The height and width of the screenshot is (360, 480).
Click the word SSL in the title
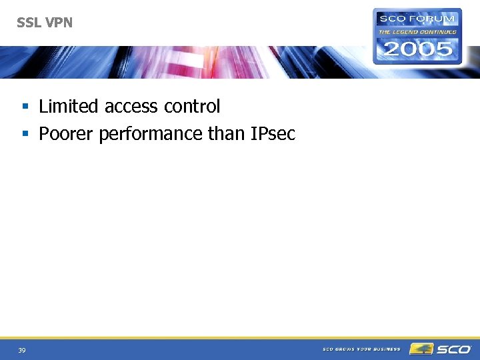tap(29, 23)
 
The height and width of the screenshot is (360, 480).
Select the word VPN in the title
tap(58, 23)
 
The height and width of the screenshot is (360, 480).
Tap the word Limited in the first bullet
tap(69, 106)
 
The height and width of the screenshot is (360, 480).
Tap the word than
tap(227, 134)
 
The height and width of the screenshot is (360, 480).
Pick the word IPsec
tap(273, 135)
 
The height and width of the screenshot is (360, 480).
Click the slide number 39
tap(22, 351)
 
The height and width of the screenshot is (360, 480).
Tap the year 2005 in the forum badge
tap(417, 48)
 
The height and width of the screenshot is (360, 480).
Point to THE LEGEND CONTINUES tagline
tap(417, 31)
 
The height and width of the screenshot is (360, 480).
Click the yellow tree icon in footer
tap(421, 349)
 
